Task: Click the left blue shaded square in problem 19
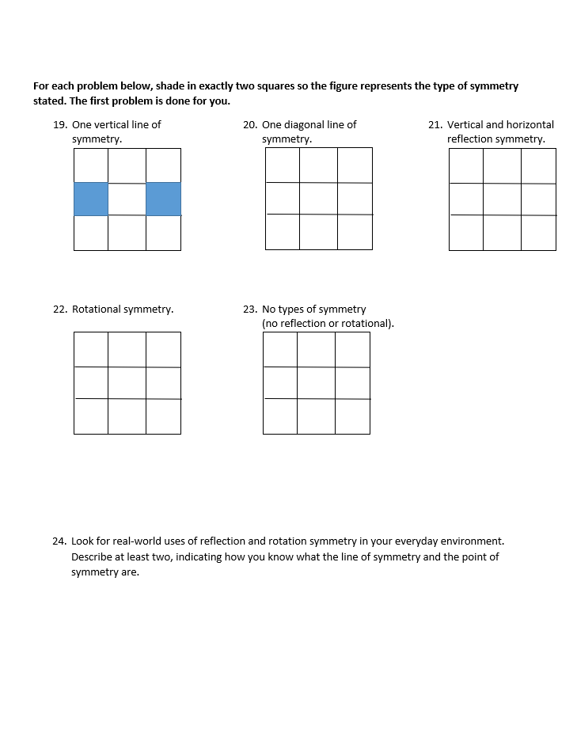pos(91,199)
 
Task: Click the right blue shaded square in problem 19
pos(163,199)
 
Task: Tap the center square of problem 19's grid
pos(127,199)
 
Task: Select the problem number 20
pos(249,125)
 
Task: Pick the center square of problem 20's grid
pos(318,199)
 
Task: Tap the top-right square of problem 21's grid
pos(538,165)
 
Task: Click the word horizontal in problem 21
pos(530,125)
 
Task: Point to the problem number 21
pos(435,125)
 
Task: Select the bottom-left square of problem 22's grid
pos(91,416)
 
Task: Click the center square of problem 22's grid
pos(127,383)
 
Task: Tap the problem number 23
pos(249,310)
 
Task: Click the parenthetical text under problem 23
pos(328,324)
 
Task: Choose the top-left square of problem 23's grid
pos(280,349)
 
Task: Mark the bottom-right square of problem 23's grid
pos(352,416)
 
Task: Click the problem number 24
pos(59,541)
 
